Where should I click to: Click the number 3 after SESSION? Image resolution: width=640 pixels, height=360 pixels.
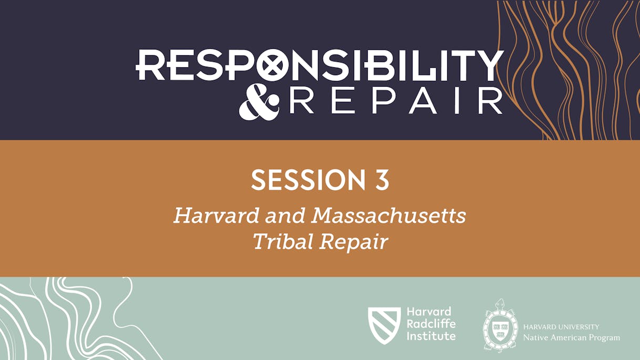[381, 180]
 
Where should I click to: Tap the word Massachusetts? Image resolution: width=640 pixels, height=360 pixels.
[388, 215]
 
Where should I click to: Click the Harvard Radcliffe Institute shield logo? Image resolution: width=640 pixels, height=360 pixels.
[384, 325]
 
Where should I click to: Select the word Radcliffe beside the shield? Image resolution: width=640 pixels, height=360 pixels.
[431, 324]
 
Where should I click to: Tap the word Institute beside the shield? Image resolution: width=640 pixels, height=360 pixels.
[431, 336]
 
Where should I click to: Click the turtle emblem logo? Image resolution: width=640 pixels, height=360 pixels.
[500, 326]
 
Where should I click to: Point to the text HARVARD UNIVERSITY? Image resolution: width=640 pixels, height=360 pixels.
[561, 327]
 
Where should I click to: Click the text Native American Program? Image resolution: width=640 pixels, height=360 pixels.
[571, 337]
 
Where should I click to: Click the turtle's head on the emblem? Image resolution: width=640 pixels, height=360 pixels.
[500, 304]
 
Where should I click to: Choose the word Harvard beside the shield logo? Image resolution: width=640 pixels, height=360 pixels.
[428, 312]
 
